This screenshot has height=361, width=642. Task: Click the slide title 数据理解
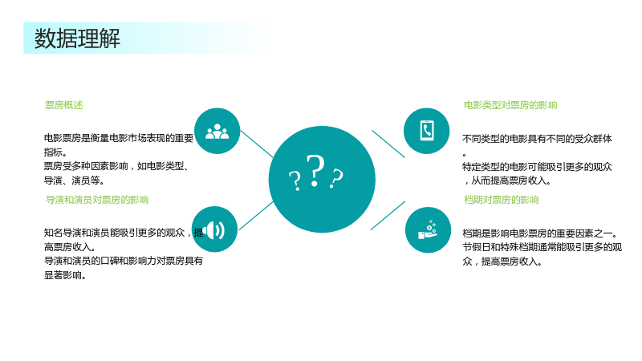77,39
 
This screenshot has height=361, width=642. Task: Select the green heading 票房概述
64,105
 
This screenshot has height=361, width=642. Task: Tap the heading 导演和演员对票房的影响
97,200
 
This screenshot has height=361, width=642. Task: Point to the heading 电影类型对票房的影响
510,105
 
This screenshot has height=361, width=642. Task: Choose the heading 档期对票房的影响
501,200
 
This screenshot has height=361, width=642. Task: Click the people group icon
217,132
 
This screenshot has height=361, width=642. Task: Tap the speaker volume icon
214,230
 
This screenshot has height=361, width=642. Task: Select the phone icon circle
427,131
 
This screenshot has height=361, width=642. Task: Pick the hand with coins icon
428,230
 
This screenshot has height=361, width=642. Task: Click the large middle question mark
315,171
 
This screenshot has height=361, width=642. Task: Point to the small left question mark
295,180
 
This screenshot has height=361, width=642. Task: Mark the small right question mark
336,178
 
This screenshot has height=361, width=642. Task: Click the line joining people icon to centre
257,144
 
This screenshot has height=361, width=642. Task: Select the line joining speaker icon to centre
256,216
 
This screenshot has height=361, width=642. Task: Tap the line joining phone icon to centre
388,144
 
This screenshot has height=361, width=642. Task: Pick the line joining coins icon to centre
388,215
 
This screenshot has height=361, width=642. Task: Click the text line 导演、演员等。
74,180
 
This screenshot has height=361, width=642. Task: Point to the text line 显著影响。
65,275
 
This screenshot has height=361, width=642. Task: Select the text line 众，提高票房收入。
502,262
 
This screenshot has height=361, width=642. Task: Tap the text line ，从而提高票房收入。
507,180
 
